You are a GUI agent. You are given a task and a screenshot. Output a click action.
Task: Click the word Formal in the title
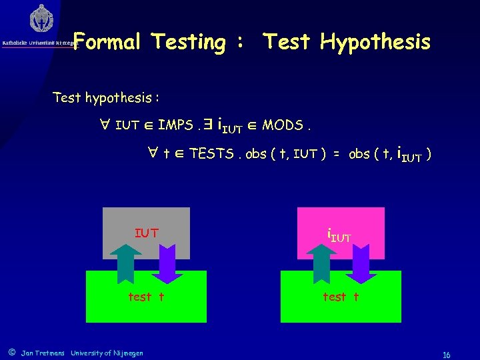coord(106,42)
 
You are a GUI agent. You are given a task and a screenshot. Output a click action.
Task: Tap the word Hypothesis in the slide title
coord(375,42)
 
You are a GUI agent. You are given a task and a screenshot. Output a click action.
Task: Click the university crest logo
coord(41,18)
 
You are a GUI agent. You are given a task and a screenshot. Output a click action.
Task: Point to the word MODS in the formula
coord(283,125)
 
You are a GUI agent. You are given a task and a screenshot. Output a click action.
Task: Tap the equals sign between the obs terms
coord(337,155)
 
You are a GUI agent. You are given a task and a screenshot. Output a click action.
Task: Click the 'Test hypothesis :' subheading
coord(105,98)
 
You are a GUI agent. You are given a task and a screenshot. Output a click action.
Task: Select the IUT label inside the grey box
coord(146,233)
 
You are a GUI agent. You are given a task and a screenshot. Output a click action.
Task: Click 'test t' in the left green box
coord(146,297)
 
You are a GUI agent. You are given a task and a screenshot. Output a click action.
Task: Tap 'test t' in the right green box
coord(341,297)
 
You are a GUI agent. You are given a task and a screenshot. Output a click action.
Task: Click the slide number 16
coord(447,355)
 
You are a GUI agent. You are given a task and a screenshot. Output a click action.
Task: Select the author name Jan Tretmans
coord(43,353)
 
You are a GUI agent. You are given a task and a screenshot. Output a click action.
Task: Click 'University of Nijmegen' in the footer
coord(107,353)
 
